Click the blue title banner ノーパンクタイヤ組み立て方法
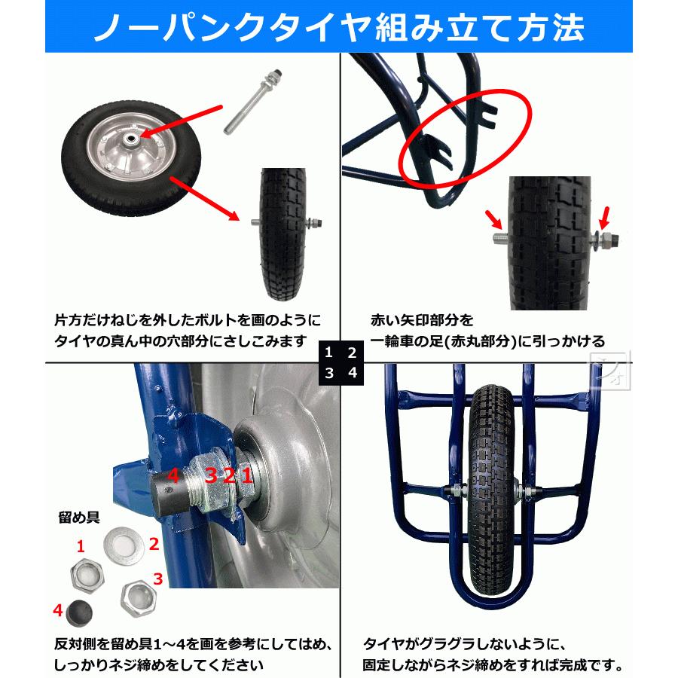pos(339,29)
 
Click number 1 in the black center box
pos(330,352)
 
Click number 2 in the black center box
pos(352,352)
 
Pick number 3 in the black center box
pos(330,372)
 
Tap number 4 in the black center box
pos(352,372)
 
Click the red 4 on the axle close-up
pos(173,475)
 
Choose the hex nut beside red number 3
pos(137,595)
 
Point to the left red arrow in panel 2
pos(494,221)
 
